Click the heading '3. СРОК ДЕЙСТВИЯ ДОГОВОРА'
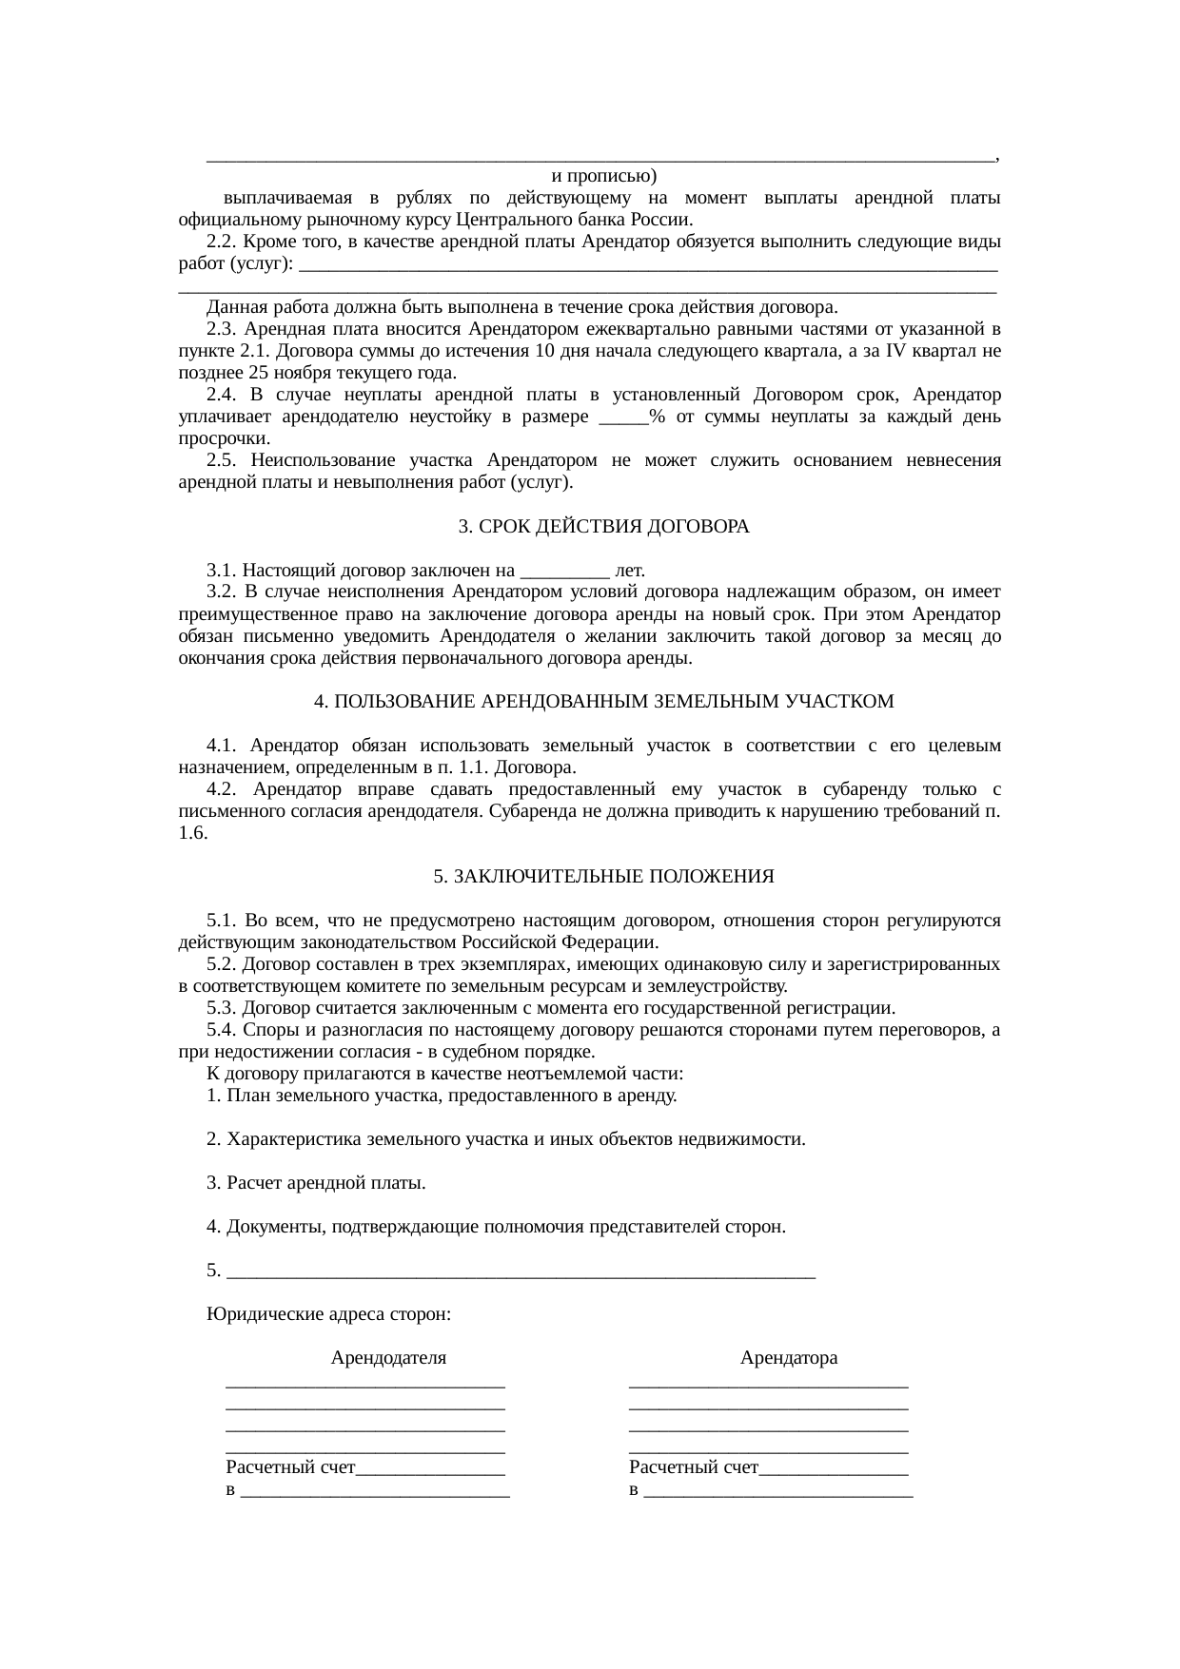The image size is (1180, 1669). tap(603, 526)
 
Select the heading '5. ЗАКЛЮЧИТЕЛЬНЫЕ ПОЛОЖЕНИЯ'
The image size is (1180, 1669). tap(603, 876)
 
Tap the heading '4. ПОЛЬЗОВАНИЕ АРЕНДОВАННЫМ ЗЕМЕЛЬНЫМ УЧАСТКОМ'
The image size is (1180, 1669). tap(603, 701)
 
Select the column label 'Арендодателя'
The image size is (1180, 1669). tap(388, 1357)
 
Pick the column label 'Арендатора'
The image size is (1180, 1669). tap(789, 1357)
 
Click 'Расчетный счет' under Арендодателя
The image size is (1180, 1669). tap(290, 1466)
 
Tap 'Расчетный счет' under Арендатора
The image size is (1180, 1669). tap(694, 1466)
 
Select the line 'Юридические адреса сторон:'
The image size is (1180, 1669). tap(328, 1314)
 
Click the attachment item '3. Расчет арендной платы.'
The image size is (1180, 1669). tap(316, 1183)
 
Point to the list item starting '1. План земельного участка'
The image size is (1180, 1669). tap(442, 1096)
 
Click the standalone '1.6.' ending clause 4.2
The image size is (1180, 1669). tap(193, 833)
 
